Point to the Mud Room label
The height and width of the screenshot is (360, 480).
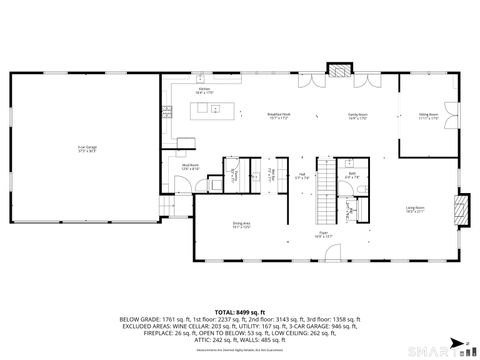pyautogui.click(x=188, y=167)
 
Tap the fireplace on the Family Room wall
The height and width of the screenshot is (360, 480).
pyautogui.click(x=342, y=72)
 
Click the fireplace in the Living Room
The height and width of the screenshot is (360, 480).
pyautogui.click(x=461, y=207)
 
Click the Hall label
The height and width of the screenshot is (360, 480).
pyautogui.click(x=301, y=176)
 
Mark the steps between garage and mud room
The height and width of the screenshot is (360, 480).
pyautogui.click(x=167, y=202)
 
